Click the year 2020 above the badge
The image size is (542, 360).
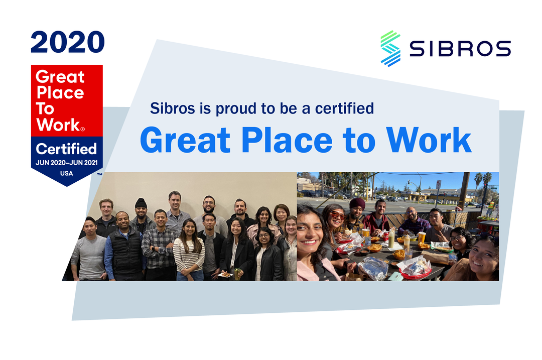(x=67, y=42)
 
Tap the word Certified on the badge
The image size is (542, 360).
(x=66, y=149)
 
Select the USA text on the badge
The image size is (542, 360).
(x=66, y=173)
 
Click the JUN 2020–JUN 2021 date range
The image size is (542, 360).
(x=66, y=163)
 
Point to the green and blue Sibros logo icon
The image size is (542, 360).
(x=390, y=48)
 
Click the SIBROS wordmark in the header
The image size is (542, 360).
(x=459, y=49)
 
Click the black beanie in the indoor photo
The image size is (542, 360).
(x=141, y=202)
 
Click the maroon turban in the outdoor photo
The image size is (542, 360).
(x=356, y=203)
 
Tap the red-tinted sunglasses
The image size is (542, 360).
(x=337, y=215)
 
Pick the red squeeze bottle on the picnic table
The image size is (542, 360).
(x=385, y=235)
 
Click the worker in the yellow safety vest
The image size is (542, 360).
(x=491, y=205)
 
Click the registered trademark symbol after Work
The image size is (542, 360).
(x=82, y=129)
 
